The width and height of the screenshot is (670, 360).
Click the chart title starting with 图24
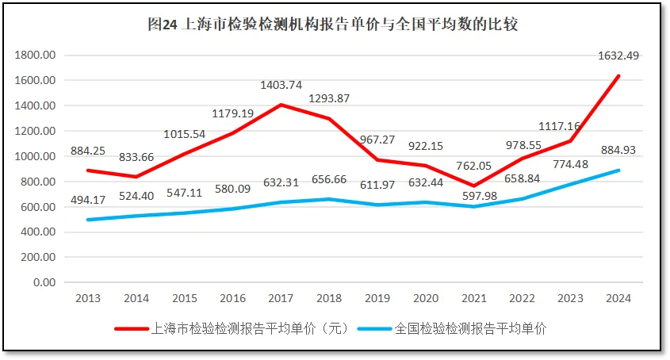click(333, 24)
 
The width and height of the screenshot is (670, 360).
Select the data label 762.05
click(474, 167)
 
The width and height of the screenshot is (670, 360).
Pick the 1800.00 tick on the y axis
click(36, 56)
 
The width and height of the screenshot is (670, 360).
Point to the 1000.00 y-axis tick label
click(36, 157)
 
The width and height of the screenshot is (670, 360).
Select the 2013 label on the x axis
click(87, 299)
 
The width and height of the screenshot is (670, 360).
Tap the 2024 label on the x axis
click(619, 299)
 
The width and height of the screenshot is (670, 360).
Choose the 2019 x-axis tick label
click(377, 299)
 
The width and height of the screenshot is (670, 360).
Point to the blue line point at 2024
click(619, 170)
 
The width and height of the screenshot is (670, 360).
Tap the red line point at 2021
click(474, 186)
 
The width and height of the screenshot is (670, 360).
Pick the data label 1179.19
click(232, 113)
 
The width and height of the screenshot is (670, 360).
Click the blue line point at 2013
click(87, 220)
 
